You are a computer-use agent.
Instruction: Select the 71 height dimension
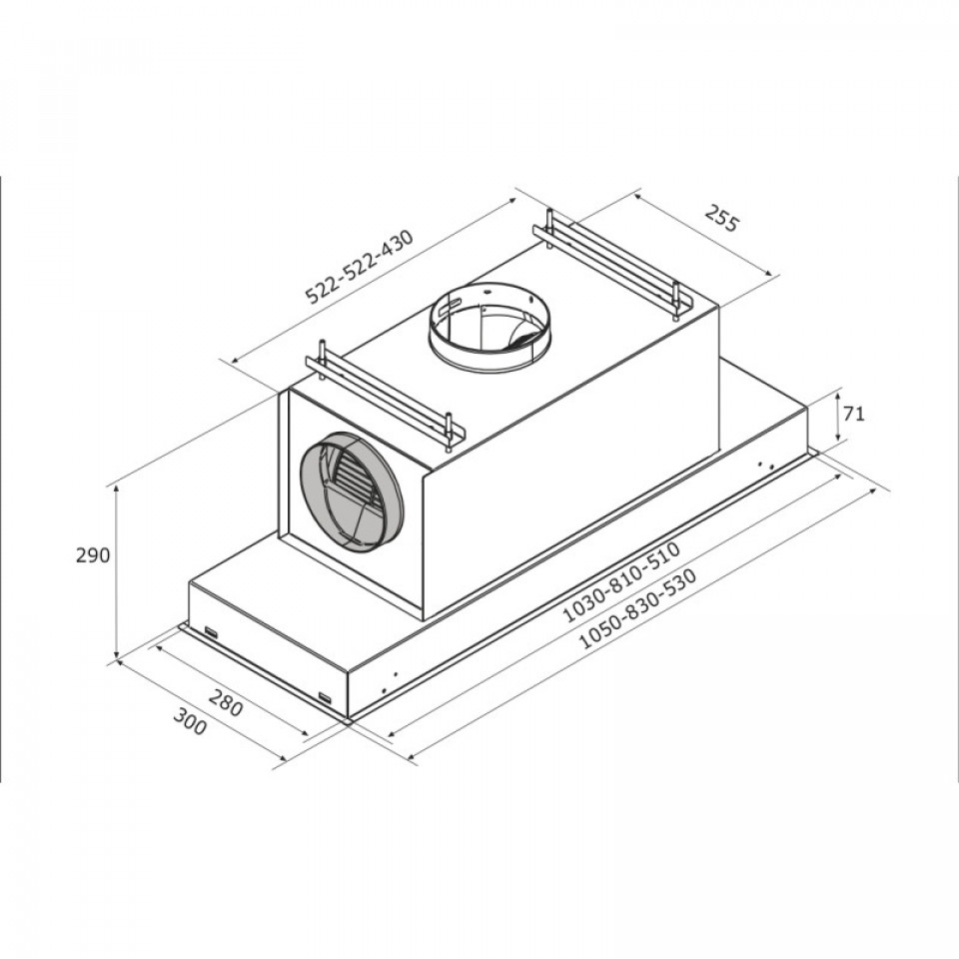(854, 414)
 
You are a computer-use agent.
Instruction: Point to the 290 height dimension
(93, 555)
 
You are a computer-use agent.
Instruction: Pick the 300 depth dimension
(190, 720)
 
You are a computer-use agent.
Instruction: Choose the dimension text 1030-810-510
(620, 585)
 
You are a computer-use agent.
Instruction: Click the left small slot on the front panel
(211, 631)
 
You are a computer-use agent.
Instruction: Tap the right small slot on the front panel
(325, 696)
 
